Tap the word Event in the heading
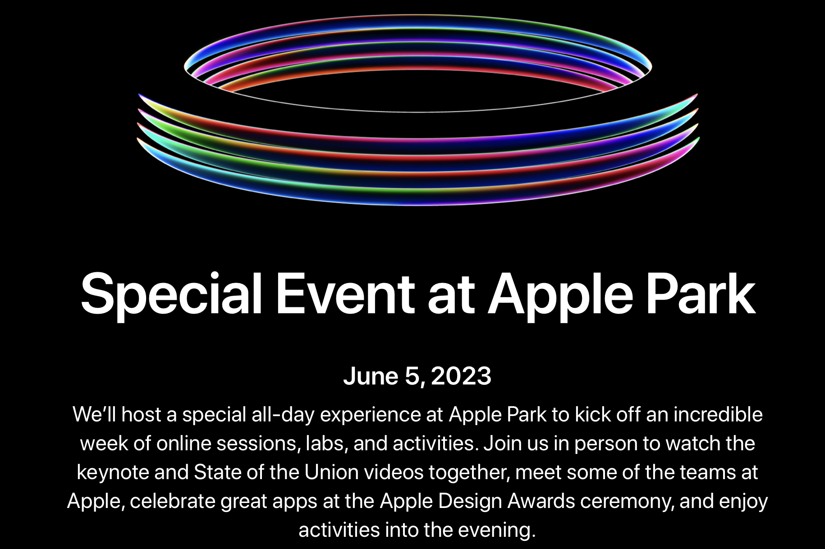point(345,294)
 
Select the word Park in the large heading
point(701,294)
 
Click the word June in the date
point(371,376)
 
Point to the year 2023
point(461,376)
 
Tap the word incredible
point(718,414)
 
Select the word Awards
point(541,501)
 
